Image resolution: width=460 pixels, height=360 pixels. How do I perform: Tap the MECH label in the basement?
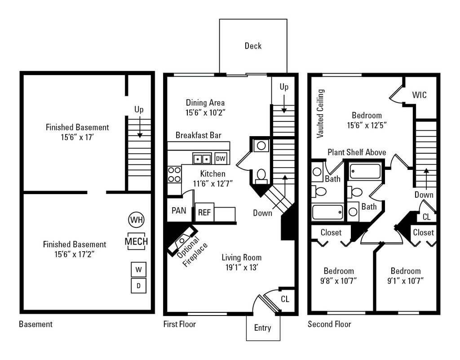(136, 241)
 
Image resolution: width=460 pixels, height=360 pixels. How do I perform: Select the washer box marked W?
(138, 270)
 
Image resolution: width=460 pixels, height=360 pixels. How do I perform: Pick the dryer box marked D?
(138, 285)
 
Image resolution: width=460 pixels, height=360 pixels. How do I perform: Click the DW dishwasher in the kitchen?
(220, 159)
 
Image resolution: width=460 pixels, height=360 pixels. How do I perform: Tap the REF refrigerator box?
(204, 212)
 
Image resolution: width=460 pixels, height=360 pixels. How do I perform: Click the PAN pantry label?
(179, 210)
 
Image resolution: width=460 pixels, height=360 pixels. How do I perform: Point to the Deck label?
(253, 46)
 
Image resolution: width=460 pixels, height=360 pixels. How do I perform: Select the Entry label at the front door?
(263, 328)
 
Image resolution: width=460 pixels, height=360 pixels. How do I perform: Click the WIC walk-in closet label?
(419, 95)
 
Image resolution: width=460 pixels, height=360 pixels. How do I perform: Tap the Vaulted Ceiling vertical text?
(320, 113)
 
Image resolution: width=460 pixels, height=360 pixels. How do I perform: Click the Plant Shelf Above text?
(357, 152)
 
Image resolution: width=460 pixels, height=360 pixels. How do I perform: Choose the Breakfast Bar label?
(198, 135)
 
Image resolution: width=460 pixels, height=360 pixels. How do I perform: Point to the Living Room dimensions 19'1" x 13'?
(242, 268)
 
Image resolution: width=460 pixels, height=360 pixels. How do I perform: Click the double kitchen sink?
(202, 159)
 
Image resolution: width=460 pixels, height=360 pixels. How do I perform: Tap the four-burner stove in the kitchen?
(174, 174)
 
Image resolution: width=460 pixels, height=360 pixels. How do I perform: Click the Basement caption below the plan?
(35, 324)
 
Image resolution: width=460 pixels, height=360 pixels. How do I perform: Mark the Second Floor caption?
(329, 324)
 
